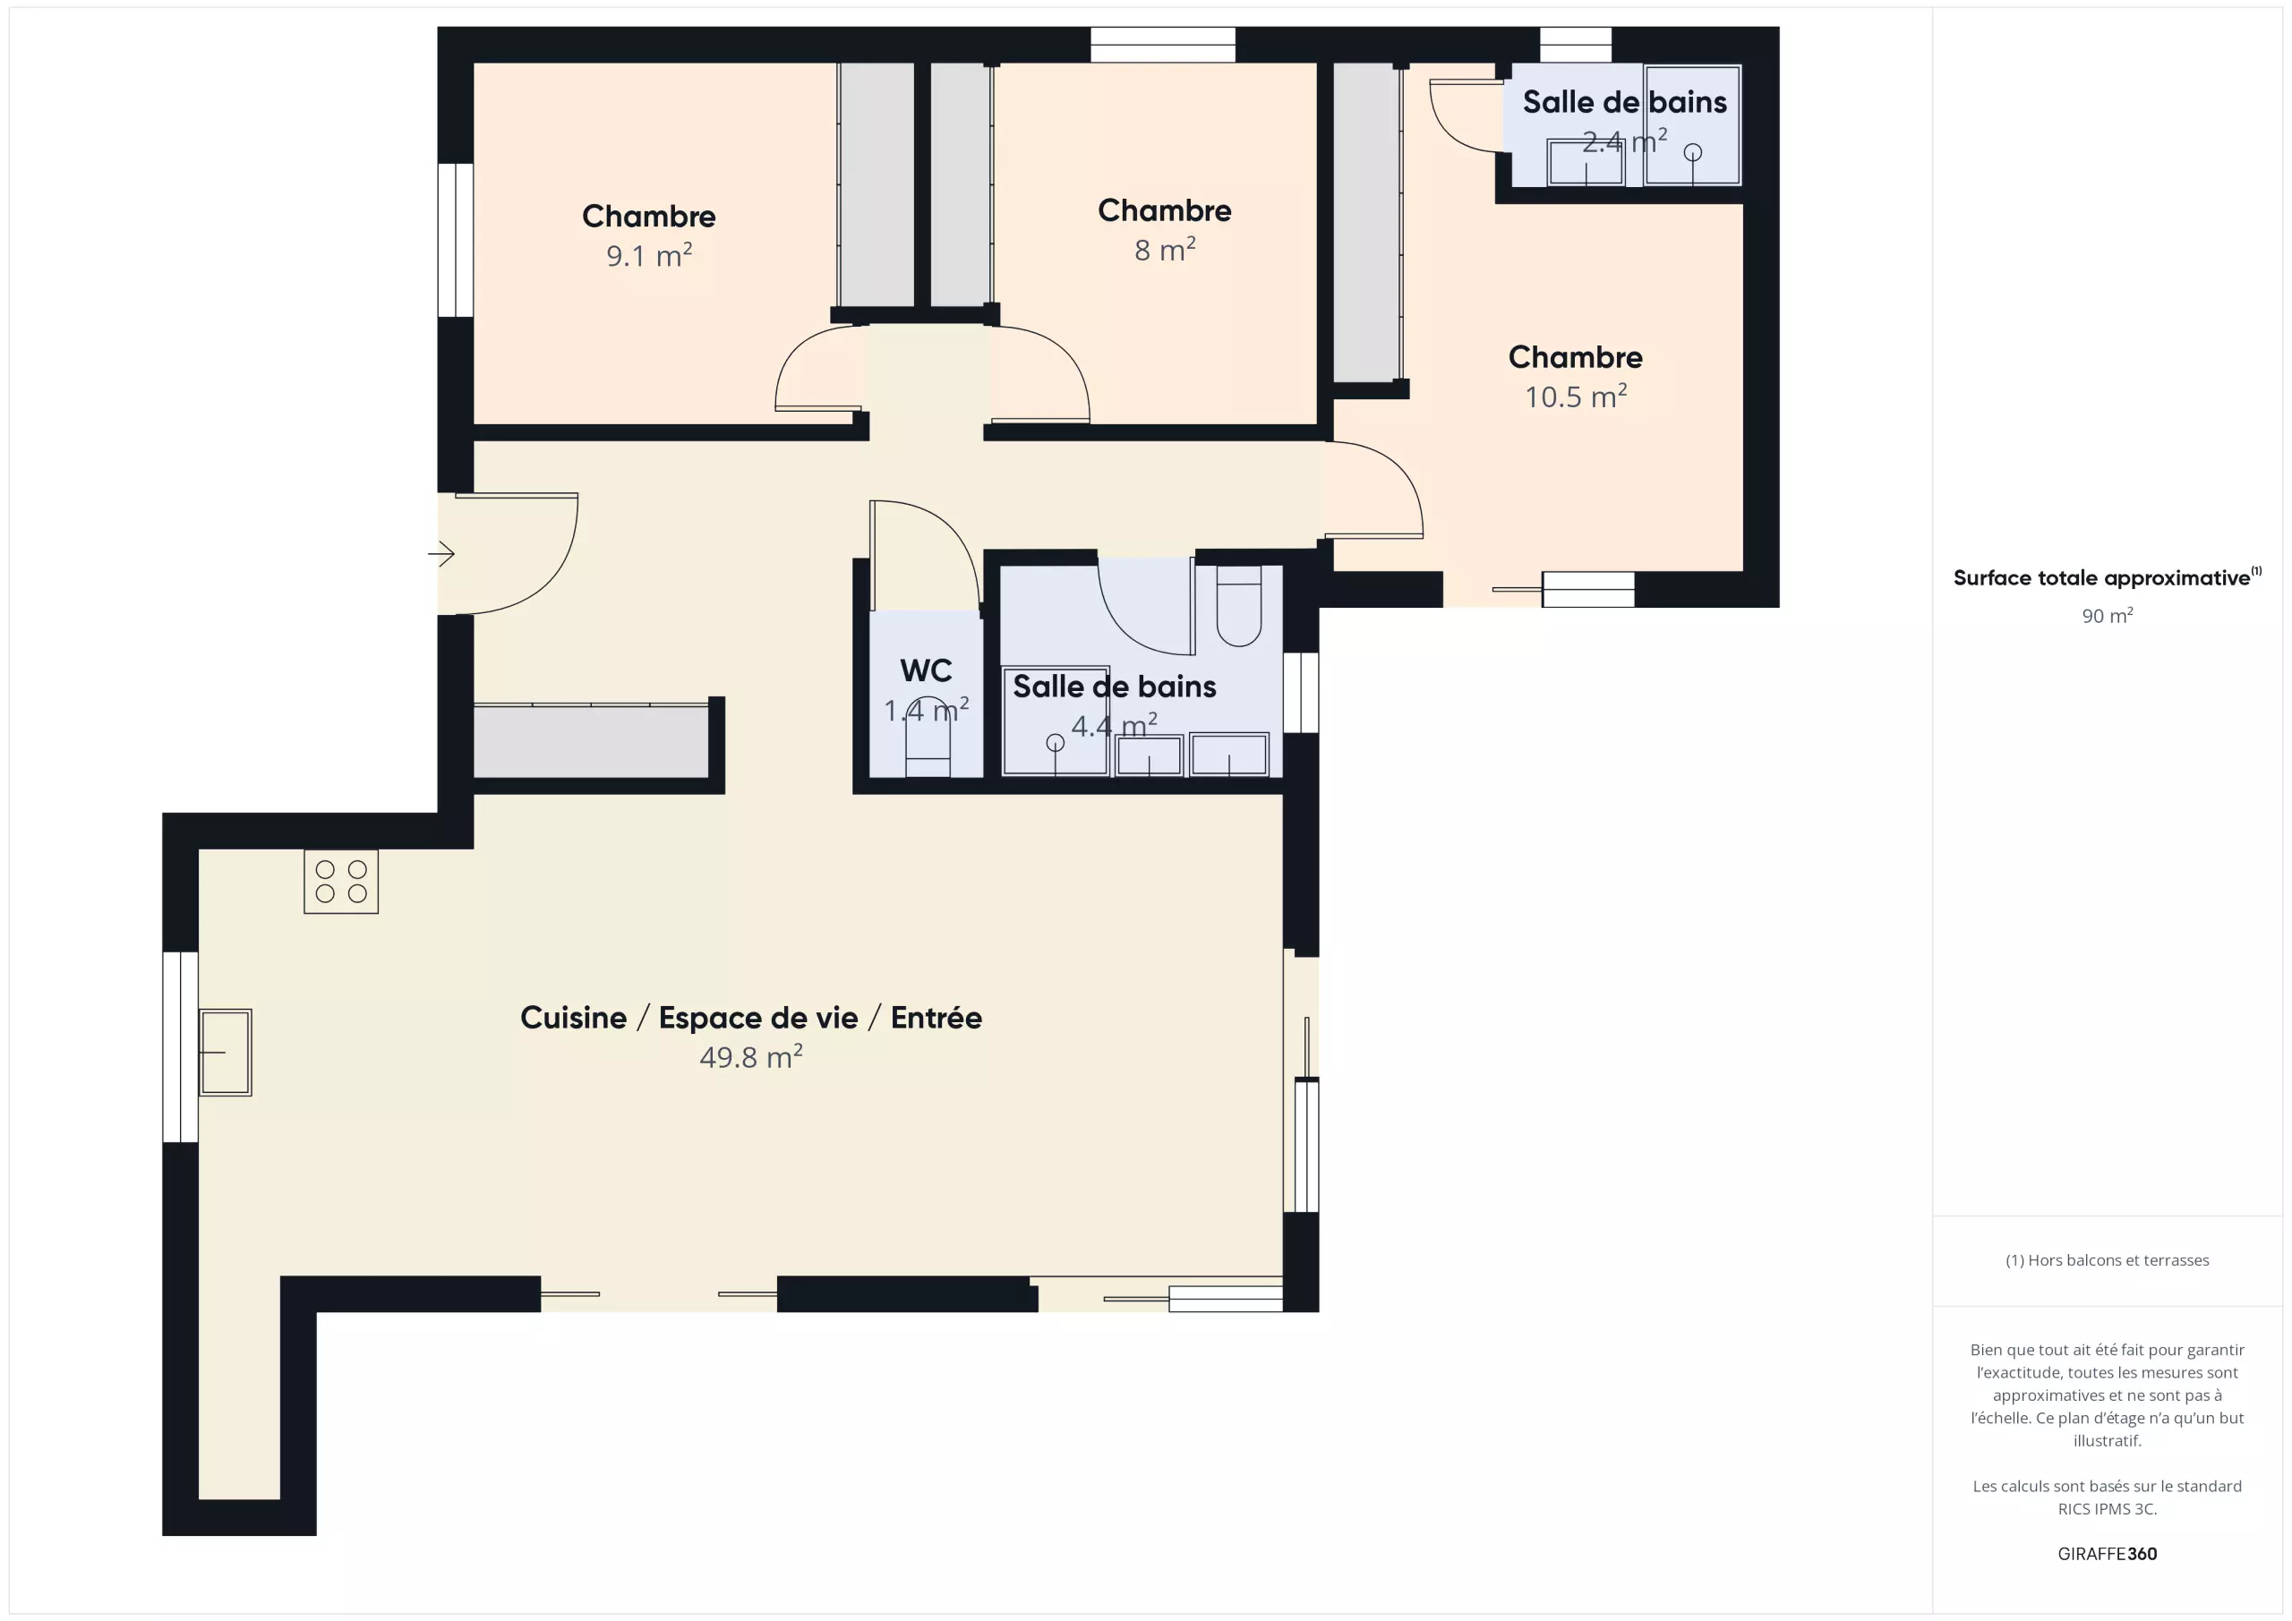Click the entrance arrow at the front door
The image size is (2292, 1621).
[x=441, y=553]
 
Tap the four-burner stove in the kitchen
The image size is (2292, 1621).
[x=341, y=882]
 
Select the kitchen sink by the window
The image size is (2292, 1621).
[x=226, y=1052]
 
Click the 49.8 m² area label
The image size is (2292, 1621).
[x=750, y=1057]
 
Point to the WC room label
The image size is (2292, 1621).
[x=926, y=670]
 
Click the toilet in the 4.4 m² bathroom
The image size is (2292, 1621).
[x=1239, y=606]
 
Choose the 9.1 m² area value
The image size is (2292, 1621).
[x=649, y=255]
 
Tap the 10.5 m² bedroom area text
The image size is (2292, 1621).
[x=1575, y=397]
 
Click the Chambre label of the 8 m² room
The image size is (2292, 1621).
[x=1164, y=210]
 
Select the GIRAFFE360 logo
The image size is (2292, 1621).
[x=2107, y=1553]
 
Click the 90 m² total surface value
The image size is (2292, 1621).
[x=2107, y=616]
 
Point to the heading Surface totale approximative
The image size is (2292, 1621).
[x=2101, y=578]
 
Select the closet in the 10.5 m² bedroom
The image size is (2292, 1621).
[x=1365, y=222]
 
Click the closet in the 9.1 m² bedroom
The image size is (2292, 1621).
[x=876, y=184]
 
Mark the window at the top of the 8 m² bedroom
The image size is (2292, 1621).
[x=1163, y=45]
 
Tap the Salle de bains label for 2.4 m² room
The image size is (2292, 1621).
[x=1624, y=102]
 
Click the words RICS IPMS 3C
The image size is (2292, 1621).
[x=2107, y=1509]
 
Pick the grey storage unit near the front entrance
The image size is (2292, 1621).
[x=591, y=740]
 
